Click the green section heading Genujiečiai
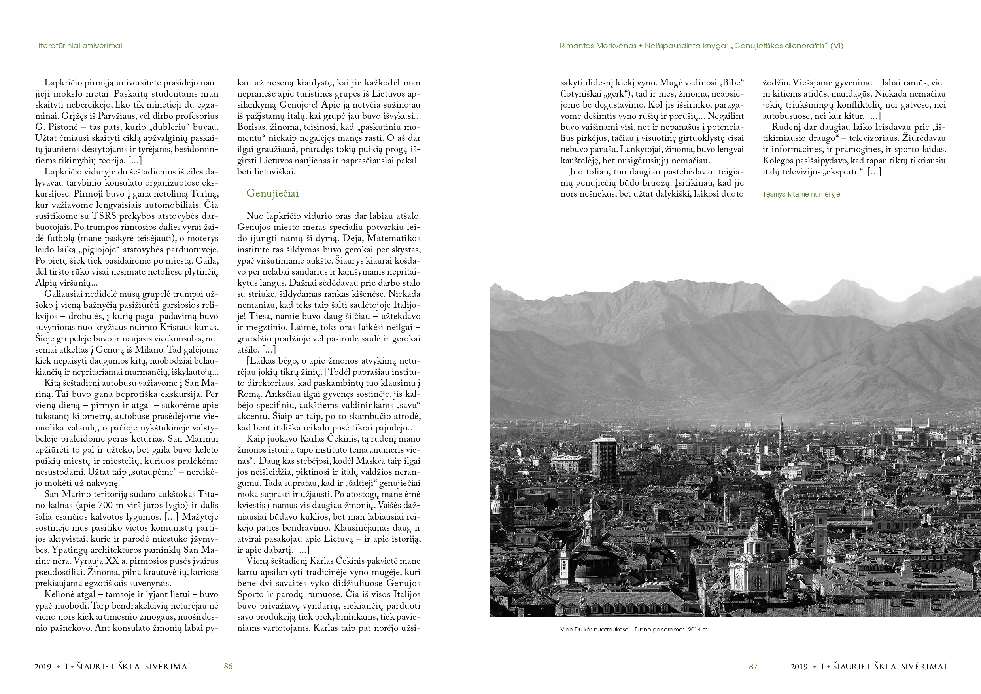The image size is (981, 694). tap(272, 193)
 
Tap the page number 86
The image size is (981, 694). tap(228, 666)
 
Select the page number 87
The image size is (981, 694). tap(753, 666)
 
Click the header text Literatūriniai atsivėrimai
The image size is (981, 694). tap(79, 46)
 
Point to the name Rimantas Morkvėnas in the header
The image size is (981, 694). tap(598, 46)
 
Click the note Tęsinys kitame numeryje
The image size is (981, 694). tap(801, 194)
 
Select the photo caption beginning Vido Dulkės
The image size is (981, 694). tap(635, 630)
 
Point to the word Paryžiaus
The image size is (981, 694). tap(94, 116)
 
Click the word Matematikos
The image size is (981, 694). tap(393, 238)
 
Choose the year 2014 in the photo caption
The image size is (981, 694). tap(695, 630)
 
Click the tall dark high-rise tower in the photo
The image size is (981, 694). tap(603, 460)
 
